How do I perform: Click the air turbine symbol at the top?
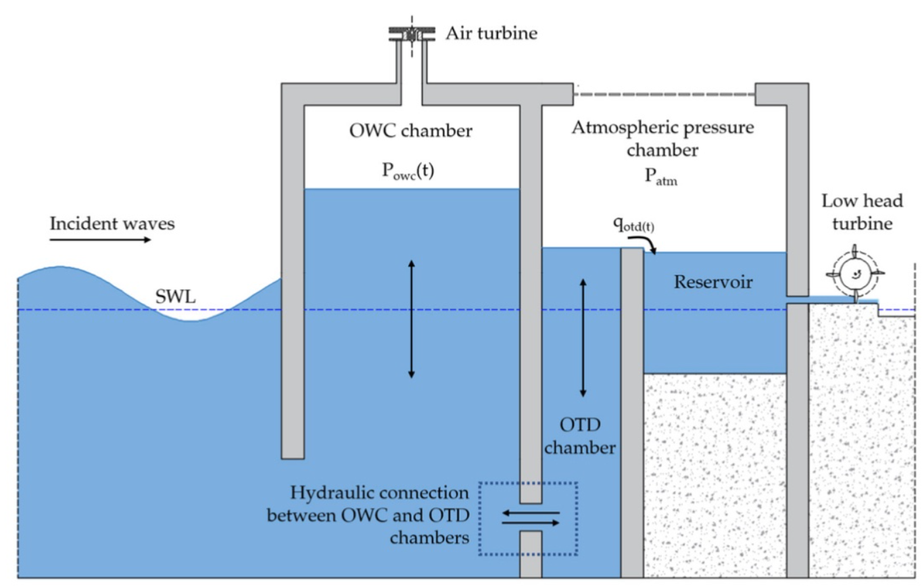pos(412,34)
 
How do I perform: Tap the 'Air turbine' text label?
pos(491,33)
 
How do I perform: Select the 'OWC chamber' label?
pos(411,131)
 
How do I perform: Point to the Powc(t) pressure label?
pos(408,170)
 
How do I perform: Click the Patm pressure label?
pos(660,177)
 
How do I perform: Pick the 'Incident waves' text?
pos(112,224)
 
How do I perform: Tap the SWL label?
pos(175,297)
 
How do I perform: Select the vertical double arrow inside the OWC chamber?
pos(411,319)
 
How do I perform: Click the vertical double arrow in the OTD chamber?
pos(583,337)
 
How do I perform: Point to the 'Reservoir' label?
pos(713,282)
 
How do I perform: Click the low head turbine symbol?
pos(855,275)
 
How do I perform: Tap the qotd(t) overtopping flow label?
pos(633,224)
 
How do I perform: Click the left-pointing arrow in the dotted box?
pos(531,513)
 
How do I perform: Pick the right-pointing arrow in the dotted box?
pos(531,523)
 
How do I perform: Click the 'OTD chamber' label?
pos(580,436)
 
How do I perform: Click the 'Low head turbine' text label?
pos(863,212)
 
